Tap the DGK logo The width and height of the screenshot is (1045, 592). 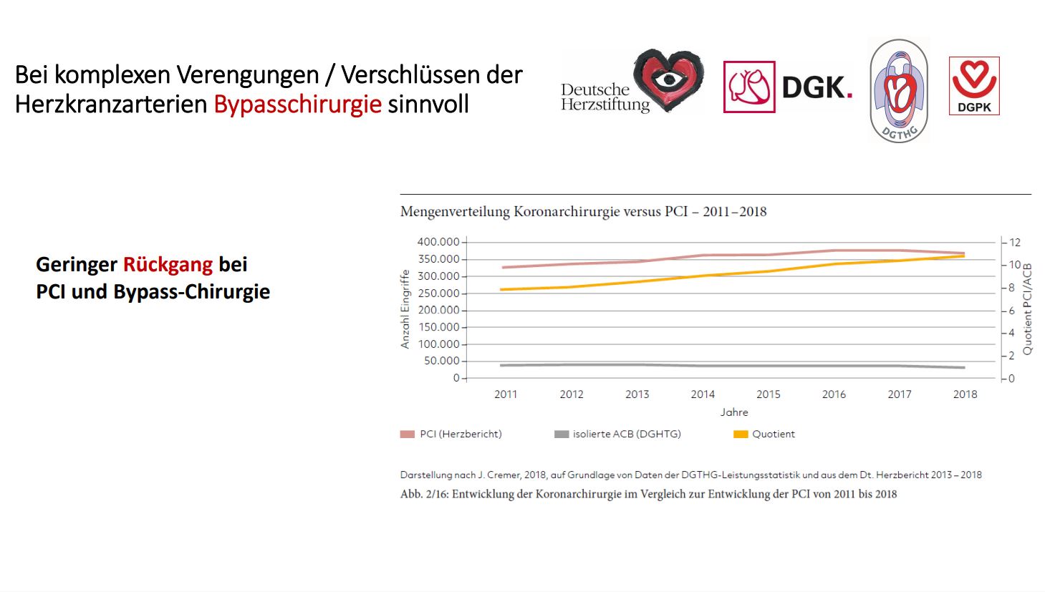[788, 87]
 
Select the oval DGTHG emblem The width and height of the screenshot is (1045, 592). [899, 91]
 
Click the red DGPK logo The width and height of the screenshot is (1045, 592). [974, 86]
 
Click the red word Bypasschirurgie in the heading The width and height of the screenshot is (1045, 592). [297, 105]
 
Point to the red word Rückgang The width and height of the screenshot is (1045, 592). [168, 265]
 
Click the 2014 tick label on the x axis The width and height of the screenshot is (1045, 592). [703, 394]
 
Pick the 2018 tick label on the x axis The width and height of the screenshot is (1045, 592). [965, 394]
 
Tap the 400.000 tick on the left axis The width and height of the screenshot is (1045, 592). [438, 242]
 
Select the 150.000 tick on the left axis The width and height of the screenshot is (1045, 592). [438, 327]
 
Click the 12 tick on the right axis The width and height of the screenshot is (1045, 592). [1015, 243]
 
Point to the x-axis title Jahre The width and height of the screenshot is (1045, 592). [734, 412]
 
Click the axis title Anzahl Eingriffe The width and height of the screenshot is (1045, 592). [405, 309]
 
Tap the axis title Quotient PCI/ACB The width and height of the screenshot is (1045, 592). [1028, 309]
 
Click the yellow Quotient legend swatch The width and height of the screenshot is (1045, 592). [741, 434]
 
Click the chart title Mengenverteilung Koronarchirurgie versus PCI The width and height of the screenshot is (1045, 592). [583, 212]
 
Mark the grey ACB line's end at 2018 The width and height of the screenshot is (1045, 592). [964, 368]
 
